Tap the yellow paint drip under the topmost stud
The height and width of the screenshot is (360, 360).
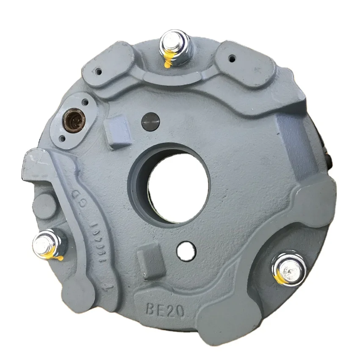click(x=167, y=62)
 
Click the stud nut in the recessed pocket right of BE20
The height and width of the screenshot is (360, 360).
click(x=289, y=269)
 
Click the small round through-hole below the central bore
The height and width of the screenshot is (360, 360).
click(x=185, y=249)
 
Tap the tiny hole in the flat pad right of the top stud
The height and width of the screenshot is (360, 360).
click(x=232, y=58)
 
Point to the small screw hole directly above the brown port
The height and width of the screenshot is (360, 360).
click(x=85, y=102)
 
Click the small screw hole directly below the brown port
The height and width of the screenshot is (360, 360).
click(x=62, y=138)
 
